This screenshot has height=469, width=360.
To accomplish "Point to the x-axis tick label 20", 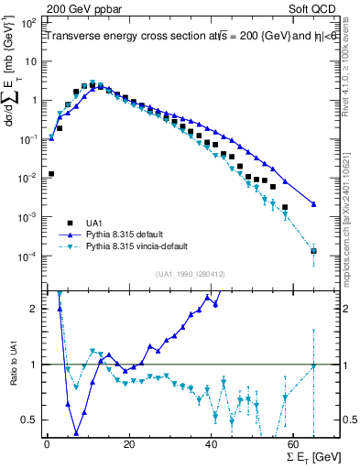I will pos(129,445).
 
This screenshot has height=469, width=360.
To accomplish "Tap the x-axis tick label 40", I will pos(212,445).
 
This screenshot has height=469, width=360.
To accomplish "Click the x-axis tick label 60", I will pos(294,445).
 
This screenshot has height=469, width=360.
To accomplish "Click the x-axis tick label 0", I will pos(47,445).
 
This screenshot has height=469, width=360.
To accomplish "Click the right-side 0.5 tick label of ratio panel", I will pos(349,420).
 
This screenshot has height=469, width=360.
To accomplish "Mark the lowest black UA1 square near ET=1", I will pos(51,173).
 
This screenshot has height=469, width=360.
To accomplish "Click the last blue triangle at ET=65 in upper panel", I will pos(314,204).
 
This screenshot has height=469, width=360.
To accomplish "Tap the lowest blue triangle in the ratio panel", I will pos(76,433).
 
